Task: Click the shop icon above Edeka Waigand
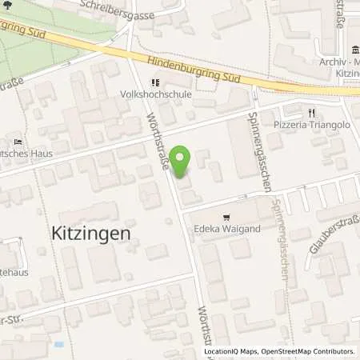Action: (228, 216)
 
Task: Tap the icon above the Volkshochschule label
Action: (156, 81)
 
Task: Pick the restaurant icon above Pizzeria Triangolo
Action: (312, 114)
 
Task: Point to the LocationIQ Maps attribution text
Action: (230, 351)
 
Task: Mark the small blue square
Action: (58, 344)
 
